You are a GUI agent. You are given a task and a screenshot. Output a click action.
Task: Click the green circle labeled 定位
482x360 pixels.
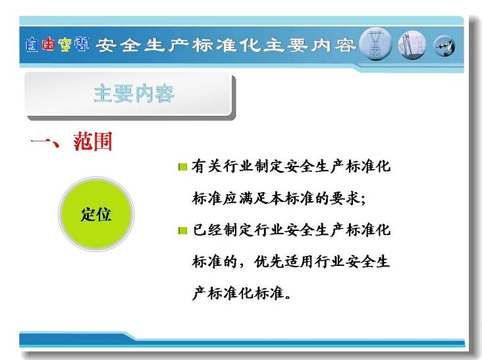(x=96, y=214)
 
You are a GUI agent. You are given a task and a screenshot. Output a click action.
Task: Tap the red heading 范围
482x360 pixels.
(x=93, y=141)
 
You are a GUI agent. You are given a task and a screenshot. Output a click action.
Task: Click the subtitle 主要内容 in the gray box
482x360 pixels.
(x=134, y=93)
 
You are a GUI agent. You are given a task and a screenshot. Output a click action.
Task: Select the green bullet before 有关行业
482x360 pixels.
(x=182, y=167)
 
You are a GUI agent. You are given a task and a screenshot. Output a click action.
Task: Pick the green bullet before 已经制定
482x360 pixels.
(x=182, y=230)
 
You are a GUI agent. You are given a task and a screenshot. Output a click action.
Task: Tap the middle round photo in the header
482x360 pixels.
(x=412, y=45)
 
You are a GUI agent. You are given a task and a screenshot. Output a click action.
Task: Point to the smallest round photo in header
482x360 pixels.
(x=444, y=46)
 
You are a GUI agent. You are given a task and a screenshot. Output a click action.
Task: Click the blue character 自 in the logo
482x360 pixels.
(x=32, y=45)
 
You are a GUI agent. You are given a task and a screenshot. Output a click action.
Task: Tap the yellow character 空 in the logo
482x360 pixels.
(x=65, y=45)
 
